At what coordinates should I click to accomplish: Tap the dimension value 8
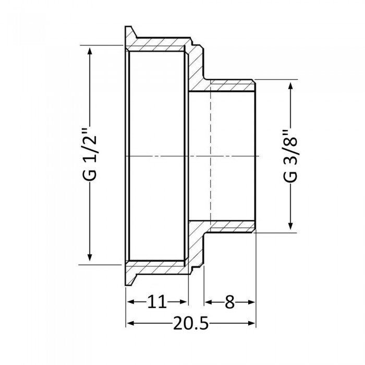pyautogui.click(x=230, y=301)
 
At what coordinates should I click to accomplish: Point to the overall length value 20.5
pyautogui.click(x=190, y=324)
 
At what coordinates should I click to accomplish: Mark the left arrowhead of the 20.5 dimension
pyautogui.click(x=130, y=324)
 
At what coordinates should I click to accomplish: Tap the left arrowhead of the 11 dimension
pyautogui.click(x=131, y=302)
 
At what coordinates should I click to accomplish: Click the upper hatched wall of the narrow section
pyautogui.click(x=229, y=85)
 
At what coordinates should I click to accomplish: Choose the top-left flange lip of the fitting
pyautogui.click(x=129, y=32)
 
